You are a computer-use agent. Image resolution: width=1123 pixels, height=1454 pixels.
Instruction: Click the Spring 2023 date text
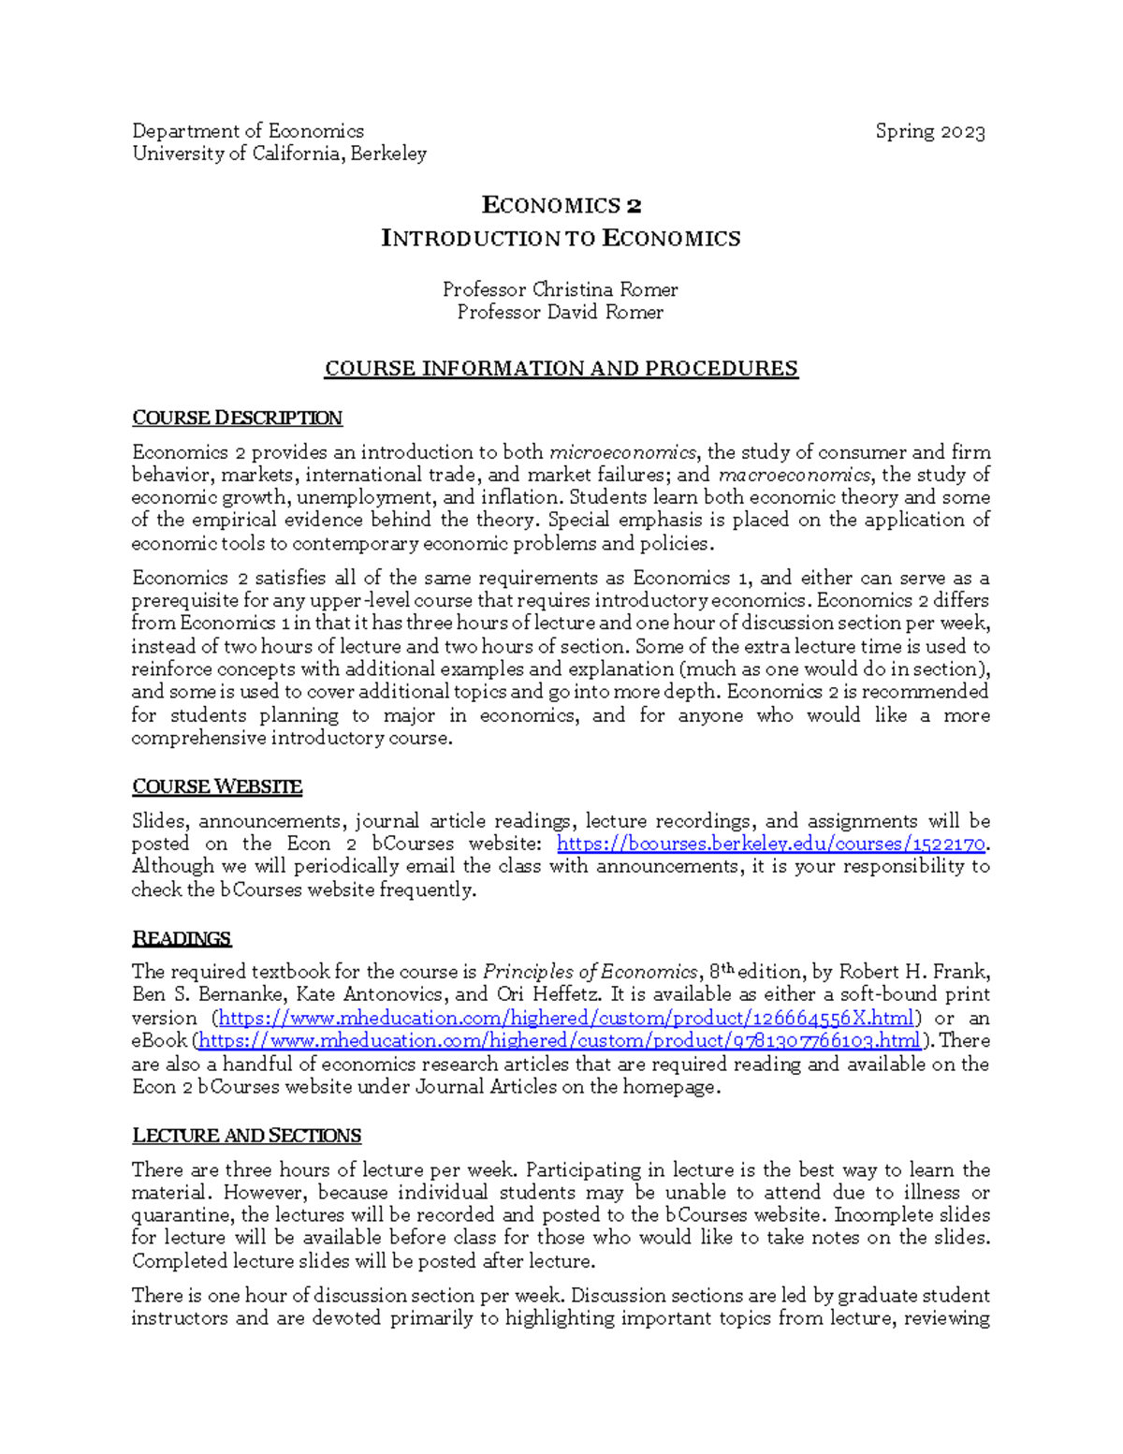click(929, 132)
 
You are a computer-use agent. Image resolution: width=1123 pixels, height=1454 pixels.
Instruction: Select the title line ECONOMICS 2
click(561, 205)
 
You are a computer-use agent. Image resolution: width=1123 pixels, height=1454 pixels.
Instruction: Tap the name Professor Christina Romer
click(560, 289)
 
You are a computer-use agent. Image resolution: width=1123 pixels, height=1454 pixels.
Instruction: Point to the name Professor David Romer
click(560, 312)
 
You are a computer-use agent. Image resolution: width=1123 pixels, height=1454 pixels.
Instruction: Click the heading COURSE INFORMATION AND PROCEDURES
click(561, 368)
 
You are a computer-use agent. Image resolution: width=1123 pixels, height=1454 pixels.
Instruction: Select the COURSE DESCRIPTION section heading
click(237, 418)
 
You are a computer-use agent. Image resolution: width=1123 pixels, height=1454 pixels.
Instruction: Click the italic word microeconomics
click(622, 452)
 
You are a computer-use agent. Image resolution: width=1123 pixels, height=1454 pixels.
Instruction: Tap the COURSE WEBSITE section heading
click(216, 786)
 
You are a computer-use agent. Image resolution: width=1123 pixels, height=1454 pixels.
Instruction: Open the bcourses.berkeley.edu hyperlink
click(771, 844)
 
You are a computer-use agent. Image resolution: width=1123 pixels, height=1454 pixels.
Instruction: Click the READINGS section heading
click(182, 938)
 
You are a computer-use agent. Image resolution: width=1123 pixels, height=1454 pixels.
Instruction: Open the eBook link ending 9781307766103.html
click(560, 1040)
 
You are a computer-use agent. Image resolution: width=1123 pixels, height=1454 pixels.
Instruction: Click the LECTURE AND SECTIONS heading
click(246, 1136)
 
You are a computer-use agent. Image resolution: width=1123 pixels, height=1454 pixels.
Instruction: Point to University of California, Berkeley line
click(279, 154)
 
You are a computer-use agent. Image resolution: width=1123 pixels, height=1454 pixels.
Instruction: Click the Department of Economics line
click(247, 132)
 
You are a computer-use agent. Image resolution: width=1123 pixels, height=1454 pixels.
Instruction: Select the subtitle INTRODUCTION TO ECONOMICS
click(561, 239)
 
